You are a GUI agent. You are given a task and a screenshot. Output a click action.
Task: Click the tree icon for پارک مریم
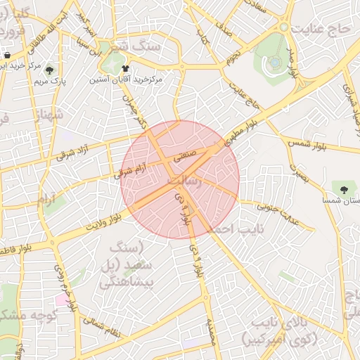[x=49, y=70]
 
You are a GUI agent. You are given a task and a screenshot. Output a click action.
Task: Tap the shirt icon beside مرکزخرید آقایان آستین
[x=126, y=69]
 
